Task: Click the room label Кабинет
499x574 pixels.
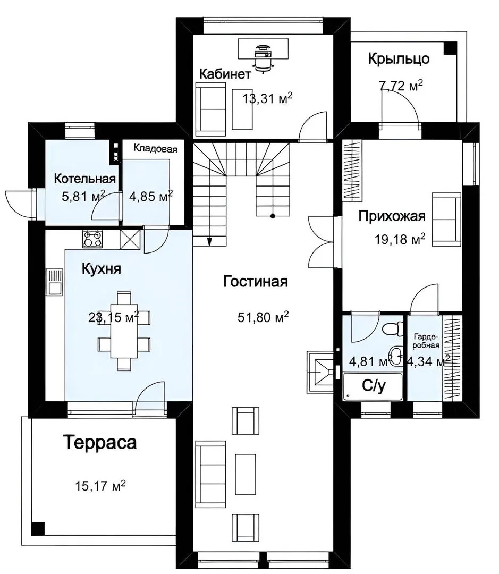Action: (x=225, y=74)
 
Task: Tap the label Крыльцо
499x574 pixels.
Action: (x=399, y=58)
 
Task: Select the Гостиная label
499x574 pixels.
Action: (x=256, y=282)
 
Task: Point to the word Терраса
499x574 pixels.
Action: (x=100, y=442)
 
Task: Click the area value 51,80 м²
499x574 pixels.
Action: (x=263, y=317)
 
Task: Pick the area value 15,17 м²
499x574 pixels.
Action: (x=100, y=486)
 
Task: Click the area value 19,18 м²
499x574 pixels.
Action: (x=400, y=239)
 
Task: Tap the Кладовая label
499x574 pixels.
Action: (x=155, y=148)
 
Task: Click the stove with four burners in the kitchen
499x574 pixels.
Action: (x=92, y=239)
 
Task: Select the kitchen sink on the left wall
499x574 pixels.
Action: (x=54, y=282)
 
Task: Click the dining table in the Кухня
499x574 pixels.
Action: (x=124, y=331)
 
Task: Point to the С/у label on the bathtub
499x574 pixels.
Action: (x=374, y=386)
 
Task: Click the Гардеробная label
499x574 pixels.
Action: (x=426, y=341)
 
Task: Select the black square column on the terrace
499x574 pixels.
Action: (x=38, y=529)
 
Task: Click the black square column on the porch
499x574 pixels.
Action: (x=450, y=48)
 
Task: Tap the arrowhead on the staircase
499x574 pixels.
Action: (x=209, y=241)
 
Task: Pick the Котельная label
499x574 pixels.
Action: (x=84, y=179)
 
